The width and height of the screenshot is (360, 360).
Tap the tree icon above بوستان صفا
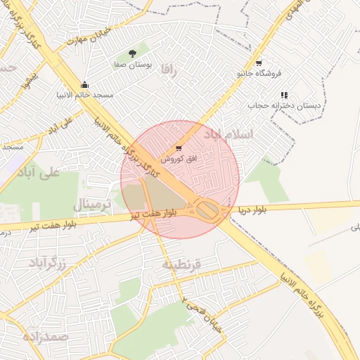click(133, 53)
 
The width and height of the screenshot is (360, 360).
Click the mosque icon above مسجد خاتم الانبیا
click(84, 85)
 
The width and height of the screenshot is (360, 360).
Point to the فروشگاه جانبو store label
click(259, 73)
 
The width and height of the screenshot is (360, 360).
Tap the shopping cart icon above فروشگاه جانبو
click(259, 63)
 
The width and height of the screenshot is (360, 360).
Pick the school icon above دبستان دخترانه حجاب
click(284, 95)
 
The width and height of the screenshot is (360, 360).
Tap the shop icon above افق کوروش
click(179, 148)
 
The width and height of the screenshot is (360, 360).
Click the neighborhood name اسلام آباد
click(228, 133)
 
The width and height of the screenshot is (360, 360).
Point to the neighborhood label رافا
click(166, 70)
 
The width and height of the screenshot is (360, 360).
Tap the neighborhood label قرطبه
click(182, 264)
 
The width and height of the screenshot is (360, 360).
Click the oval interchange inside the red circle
click(207, 209)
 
